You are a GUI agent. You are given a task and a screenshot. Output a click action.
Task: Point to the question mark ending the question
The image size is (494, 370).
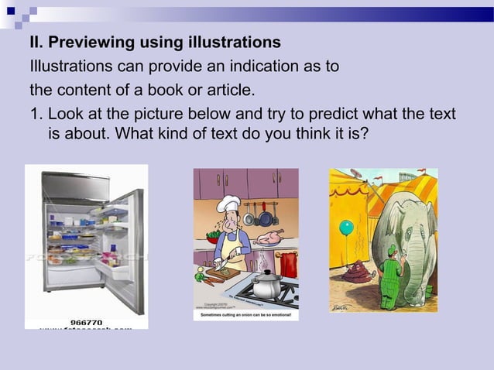coord(364,134)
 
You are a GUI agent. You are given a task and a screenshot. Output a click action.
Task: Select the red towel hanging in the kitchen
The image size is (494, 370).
coord(288,264)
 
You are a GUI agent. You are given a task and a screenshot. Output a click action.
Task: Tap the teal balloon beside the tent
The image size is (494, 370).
coord(346,228)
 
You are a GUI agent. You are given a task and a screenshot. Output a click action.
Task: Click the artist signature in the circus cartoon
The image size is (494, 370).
coord(341,307)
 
